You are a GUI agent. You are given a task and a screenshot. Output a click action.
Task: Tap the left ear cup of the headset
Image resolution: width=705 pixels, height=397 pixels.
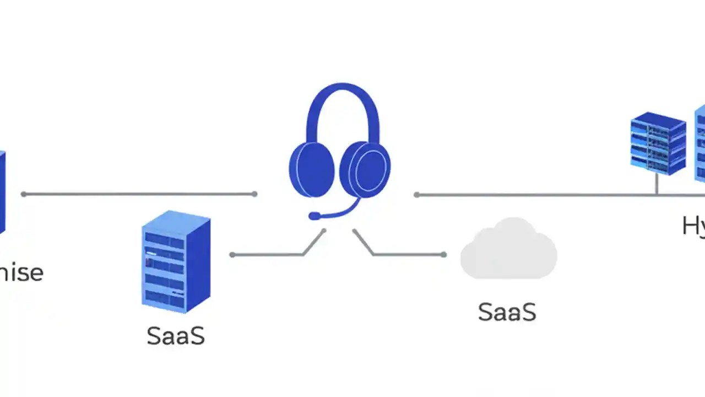(312, 169)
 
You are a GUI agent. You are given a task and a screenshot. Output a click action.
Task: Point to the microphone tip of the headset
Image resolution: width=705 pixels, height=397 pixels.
(314, 216)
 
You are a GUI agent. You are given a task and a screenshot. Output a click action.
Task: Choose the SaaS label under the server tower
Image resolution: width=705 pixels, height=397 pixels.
(176, 336)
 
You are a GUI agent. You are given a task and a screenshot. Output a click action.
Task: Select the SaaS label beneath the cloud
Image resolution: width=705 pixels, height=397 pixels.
(507, 312)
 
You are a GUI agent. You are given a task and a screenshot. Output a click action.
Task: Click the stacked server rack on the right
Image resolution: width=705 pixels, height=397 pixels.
(658, 143)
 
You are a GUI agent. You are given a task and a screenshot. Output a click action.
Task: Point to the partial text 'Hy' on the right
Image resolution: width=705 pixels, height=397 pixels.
(693, 226)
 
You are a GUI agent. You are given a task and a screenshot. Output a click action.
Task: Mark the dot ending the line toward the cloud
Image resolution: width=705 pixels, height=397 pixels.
(444, 255)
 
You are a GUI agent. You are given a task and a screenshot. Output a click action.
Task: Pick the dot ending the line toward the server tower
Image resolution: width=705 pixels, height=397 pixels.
(232, 255)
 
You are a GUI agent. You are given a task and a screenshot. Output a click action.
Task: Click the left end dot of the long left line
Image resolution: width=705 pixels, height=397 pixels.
(24, 194)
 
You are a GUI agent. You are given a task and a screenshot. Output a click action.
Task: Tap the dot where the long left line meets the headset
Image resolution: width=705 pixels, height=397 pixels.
(254, 194)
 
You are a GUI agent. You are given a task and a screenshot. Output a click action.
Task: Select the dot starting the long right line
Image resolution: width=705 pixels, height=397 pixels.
(416, 195)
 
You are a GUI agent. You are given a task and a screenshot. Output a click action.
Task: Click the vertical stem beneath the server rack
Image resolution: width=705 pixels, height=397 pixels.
(657, 184)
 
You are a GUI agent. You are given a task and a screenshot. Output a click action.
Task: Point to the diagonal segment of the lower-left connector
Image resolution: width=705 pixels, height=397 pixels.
(314, 243)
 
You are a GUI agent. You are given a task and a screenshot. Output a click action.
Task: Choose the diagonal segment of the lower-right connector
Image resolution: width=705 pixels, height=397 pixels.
(364, 243)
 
